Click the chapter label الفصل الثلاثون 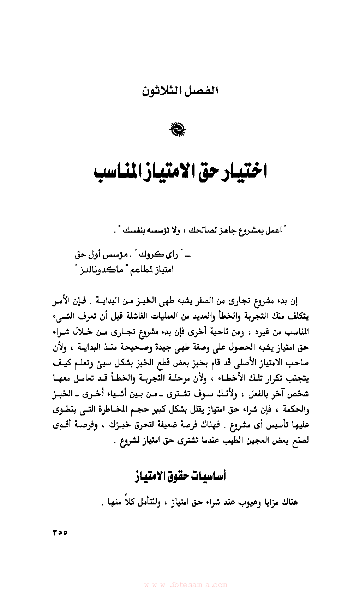[180, 91]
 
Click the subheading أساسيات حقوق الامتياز [180, 477]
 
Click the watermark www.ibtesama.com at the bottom [186, 585]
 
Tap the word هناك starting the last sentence [290, 502]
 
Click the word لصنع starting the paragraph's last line [301, 441]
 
